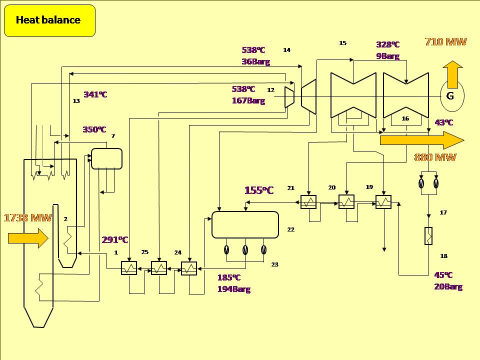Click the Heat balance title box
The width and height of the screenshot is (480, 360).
coord(49,20)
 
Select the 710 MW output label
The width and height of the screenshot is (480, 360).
coord(445,42)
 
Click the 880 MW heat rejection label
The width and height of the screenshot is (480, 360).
coord(435,157)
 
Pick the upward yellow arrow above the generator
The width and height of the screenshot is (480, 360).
coord(452,74)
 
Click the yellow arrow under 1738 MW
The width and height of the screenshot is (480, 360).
coord(28,238)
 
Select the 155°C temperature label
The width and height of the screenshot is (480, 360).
coord(259,190)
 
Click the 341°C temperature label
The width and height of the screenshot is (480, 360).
coord(95,94)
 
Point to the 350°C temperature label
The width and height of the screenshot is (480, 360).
coord(94,130)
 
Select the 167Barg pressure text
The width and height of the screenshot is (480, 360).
coord(248,100)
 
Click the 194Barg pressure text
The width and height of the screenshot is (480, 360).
coord(233,289)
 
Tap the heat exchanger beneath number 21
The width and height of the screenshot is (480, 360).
coord(308,202)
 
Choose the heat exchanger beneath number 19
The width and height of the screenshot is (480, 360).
coord(383,202)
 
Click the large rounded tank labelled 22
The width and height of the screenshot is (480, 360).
coord(245,225)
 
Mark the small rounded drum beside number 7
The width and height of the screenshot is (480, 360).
coord(106,159)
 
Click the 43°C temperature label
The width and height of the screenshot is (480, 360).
coord(444,122)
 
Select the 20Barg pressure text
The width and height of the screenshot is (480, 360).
coord(448,287)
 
